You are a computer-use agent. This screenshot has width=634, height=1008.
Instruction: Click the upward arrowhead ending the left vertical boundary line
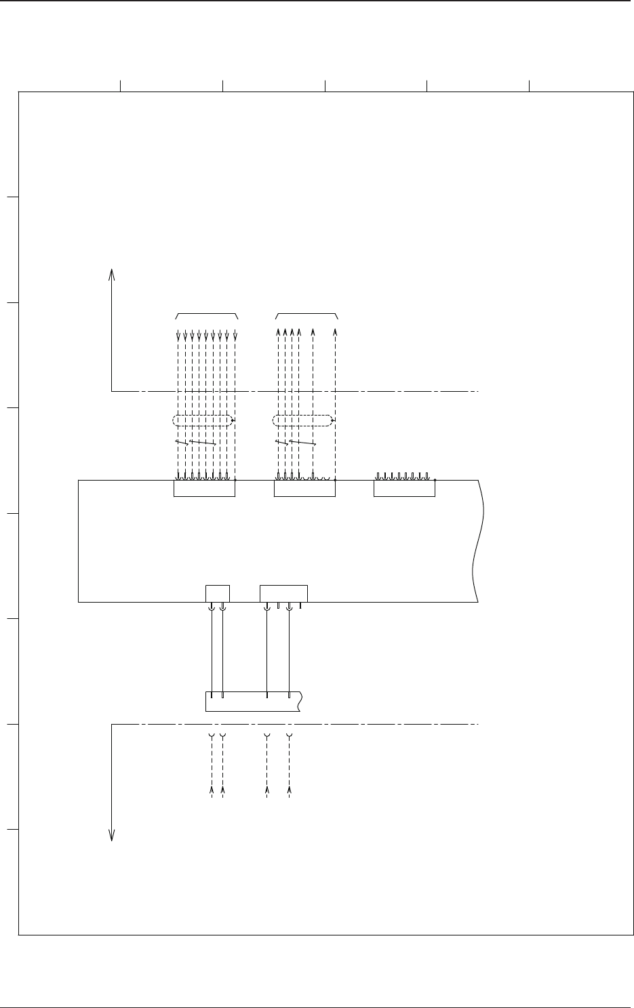click(112, 273)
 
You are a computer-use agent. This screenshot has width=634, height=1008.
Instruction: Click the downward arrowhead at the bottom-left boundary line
click(112, 836)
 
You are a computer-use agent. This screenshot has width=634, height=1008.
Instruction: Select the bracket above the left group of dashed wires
click(207, 315)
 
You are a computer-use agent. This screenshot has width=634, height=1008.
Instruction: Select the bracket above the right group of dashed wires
click(307, 315)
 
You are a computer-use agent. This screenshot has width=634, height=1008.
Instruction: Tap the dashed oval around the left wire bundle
click(203, 421)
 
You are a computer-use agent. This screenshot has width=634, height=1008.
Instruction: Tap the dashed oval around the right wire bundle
click(303, 421)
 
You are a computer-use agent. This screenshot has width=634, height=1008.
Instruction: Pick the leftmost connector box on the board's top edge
click(204, 488)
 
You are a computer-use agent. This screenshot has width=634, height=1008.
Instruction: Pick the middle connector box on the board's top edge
click(304, 488)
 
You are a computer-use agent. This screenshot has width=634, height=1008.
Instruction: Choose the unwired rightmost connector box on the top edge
click(404, 488)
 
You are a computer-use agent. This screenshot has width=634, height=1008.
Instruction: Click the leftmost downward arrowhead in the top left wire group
click(178, 336)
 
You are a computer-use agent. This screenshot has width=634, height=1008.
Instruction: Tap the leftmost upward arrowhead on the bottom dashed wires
click(212, 790)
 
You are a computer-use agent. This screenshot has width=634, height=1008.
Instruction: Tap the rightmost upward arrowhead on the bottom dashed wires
click(290, 790)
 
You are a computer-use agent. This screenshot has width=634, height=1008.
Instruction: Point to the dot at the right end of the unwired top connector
click(435, 480)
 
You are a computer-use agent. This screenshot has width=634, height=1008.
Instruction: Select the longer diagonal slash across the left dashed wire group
click(203, 443)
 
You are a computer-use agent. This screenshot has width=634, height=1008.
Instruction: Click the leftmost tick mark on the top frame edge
click(121, 85)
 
